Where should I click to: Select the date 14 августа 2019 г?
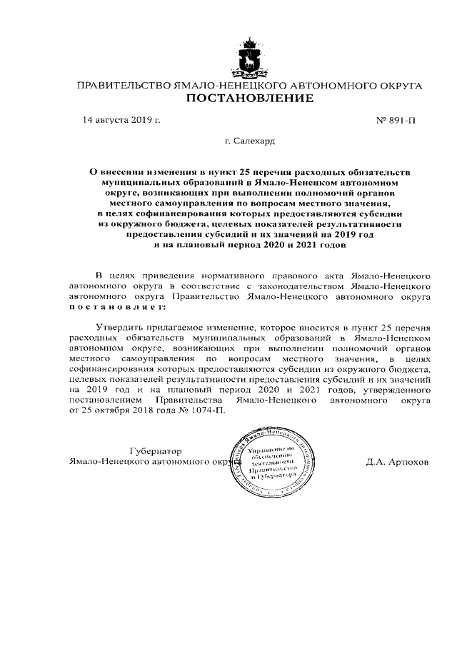pyautogui.click(x=122, y=120)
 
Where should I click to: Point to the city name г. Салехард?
pyautogui.click(x=249, y=142)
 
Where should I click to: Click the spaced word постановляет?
pyautogui.click(x=116, y=306)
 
